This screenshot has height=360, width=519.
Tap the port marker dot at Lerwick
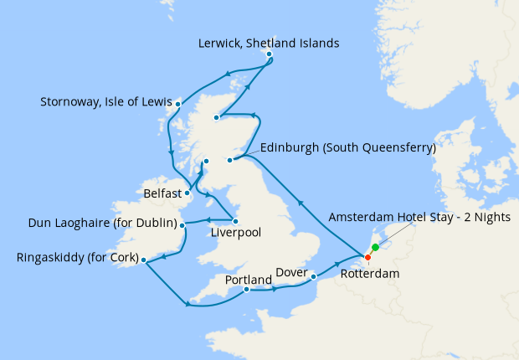point(269,54)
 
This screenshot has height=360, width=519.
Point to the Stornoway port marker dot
point(178,105)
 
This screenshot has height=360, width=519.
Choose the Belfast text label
point(162,193)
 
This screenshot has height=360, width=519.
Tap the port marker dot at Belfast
point(188,194)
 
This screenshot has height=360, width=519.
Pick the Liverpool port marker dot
point(235,220)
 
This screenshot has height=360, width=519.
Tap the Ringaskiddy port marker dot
point(145,260)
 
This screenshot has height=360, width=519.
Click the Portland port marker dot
point(246,290)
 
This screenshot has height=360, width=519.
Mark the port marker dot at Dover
point(313,276)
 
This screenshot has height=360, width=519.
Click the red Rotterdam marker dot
point(367,257)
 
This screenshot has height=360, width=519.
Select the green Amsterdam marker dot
point(375,247)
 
